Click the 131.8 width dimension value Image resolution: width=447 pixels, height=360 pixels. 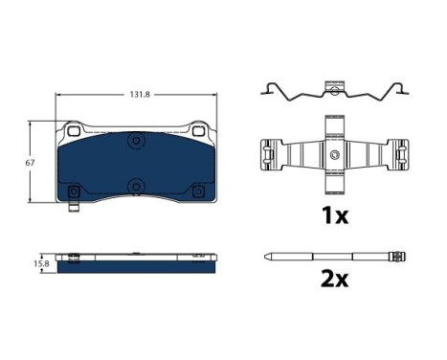(x=140, y=95)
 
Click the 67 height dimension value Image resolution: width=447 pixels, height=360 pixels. (x=30, y=163)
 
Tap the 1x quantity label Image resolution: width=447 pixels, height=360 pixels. (x=335, y=215)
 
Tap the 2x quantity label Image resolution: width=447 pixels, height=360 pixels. (x=334, y=279)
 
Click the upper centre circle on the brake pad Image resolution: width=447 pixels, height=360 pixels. (x=137, y=141)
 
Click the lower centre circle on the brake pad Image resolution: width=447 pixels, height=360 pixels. (x=137, y=187)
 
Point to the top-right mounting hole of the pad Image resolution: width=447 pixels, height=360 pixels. (x=198, y=130)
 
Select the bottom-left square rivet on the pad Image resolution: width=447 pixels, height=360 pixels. (x=74, y=191)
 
